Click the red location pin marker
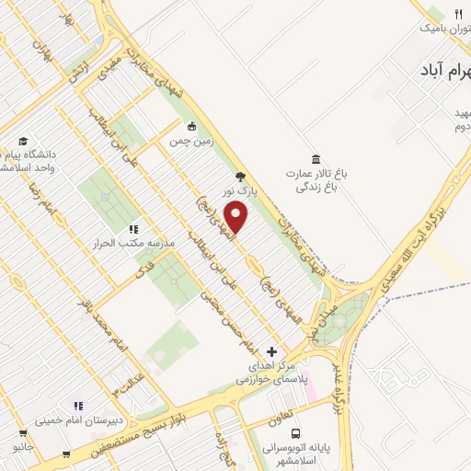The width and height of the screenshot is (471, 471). click(x=237, y=217)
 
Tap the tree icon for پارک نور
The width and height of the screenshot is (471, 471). click(x=240, y=177)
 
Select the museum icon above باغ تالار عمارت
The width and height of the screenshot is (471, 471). click(x=316, y=157)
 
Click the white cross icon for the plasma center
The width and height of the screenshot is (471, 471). click(x=271, y=351)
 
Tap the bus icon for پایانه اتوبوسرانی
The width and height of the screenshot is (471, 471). click(x=295, y=433)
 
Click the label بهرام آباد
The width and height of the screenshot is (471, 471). click(x=432, y=70)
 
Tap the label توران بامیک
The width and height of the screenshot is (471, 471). click(x=440, y=29)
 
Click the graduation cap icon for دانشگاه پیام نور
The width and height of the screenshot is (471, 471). click(x=23, y=141)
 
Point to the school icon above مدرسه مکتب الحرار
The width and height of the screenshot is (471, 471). click(x=133, y=229)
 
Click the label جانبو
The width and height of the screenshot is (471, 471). click(x=22, y=446)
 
